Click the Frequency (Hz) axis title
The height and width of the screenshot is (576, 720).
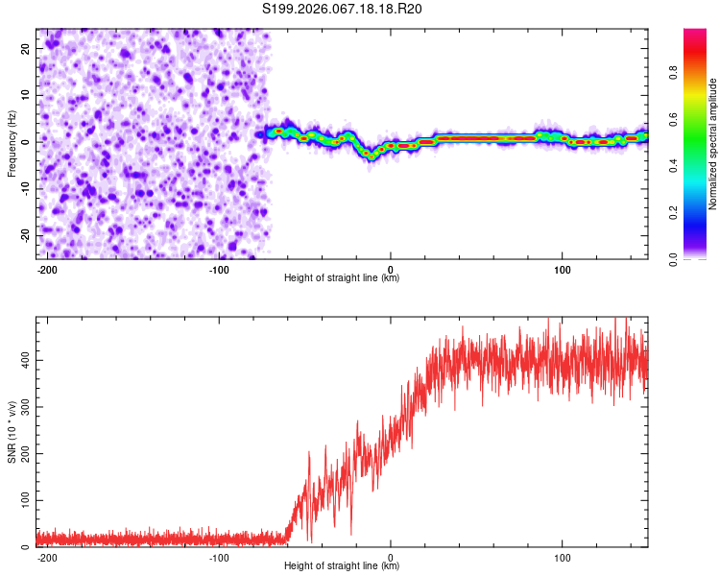coord(12,142)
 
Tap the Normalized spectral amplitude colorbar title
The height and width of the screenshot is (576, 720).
coord(713,144)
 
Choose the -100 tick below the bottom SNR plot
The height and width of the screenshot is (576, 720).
coord(219,558)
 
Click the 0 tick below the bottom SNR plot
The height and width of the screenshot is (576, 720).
coord(391,558)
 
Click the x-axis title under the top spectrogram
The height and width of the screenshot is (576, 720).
coord(342,278)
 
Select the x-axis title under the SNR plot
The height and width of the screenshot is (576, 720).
coord(342,566)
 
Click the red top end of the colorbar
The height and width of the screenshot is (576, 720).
coord(695,34)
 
